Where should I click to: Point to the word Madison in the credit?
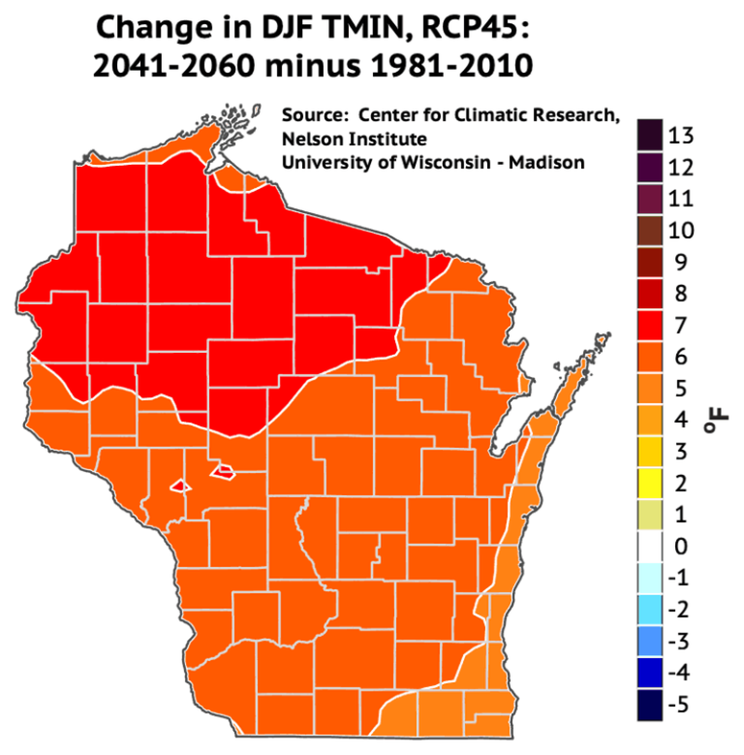click(x=547, y=162)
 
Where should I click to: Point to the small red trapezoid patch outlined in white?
click(x=225, y=471)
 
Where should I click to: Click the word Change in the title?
click(x=156, y=26)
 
